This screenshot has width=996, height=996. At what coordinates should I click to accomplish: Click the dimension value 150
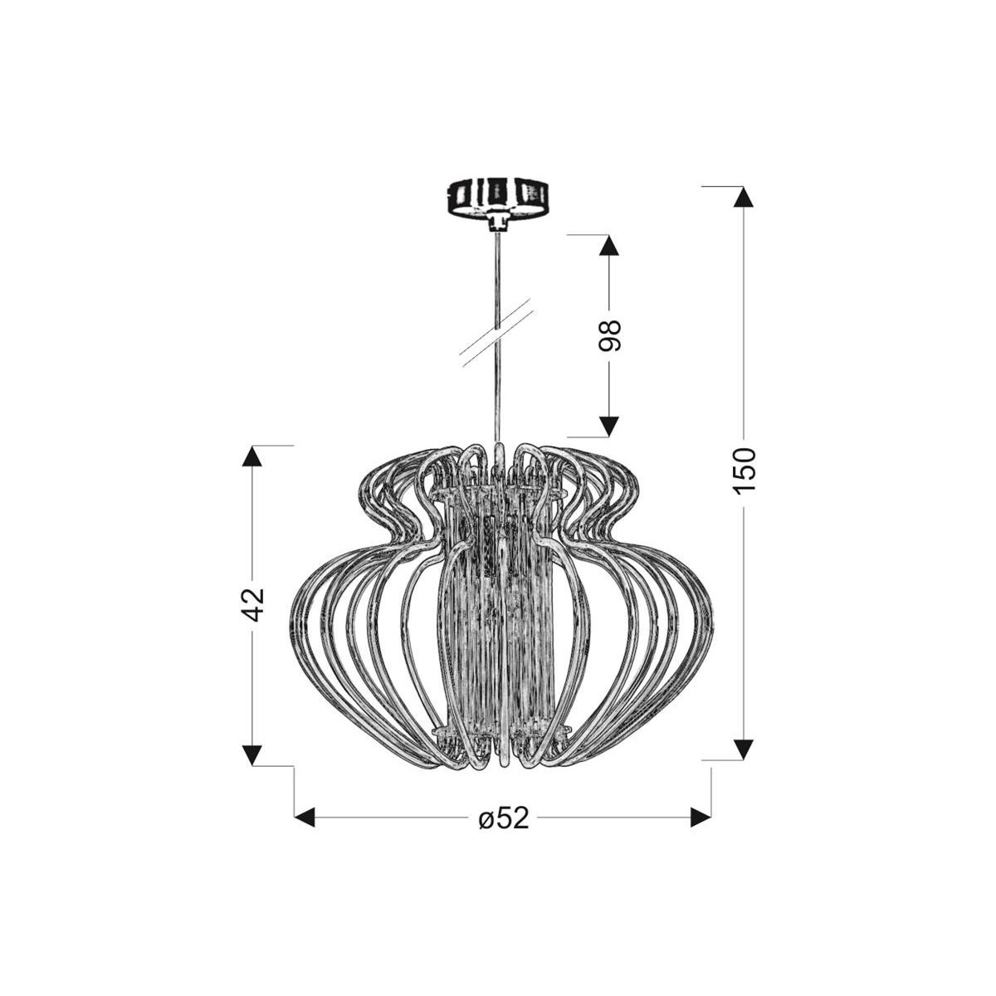click(x=745, y=471)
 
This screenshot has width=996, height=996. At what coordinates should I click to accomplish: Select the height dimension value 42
click(x=252, y=604)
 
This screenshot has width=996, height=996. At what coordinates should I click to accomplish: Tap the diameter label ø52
click(x=503, y=818)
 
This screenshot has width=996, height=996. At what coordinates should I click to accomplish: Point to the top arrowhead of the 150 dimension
click(x=744, y=197)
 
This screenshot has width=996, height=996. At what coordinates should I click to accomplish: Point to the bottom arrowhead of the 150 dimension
click(x=744, y=749)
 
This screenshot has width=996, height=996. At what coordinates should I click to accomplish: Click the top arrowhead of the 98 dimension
click(x=609, y=246)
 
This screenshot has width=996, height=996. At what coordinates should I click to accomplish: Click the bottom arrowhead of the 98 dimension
click(x=609, y=427)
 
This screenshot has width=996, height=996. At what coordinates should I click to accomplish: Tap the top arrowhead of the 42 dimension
click(x=251, y=456)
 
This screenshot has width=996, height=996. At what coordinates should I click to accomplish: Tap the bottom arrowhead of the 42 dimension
click(x=251, y=754)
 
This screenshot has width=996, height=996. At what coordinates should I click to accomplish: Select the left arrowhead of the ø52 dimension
click(x=305, y=818)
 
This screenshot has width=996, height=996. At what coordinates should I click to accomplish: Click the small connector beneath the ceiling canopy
click(x=497, y=222)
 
